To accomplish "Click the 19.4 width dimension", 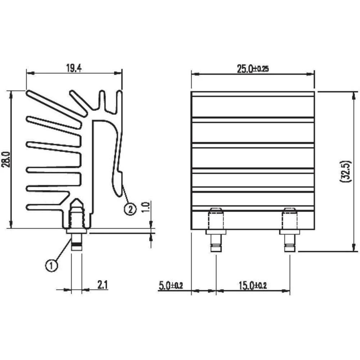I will [x=73, y=68].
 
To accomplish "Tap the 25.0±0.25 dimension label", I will [x=253, y=69].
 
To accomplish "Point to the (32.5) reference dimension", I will [x=344, y=171].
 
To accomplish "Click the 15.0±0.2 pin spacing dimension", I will [x=252, y=286].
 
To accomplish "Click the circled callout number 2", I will [x=130, y=208].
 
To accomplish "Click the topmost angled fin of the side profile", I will [x=54, y=106].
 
